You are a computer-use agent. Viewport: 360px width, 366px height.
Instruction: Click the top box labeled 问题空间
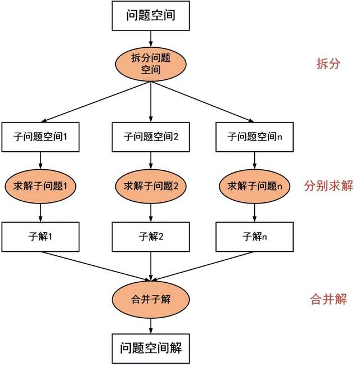(151, 16)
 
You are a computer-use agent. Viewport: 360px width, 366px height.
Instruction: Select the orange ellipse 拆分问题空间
(151, 64)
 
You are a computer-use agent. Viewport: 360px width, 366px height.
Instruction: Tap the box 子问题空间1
(40, 137)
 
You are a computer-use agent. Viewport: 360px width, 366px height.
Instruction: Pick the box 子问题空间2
(151, 137)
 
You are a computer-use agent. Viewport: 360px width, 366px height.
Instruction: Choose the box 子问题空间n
(254, 137)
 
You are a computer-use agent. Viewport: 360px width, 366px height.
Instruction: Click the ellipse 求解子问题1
(40, 186)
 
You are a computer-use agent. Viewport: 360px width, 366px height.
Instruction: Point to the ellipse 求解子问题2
(151, 186)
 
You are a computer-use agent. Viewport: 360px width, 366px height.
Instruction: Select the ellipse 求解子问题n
(254, 186)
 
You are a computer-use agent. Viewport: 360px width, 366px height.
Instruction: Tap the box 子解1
(40, 237)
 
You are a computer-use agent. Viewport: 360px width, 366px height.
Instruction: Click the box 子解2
(151, 237)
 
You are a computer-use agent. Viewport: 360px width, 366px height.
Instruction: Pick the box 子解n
(254, 237)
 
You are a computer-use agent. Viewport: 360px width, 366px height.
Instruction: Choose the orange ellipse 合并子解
(151, 300)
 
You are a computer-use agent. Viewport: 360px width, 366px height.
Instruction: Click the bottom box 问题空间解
(151, 348)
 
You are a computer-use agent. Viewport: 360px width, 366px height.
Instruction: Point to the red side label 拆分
(328, 64)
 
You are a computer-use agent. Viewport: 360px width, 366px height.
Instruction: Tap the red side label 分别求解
(328, 186)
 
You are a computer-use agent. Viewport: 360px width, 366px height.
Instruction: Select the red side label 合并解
(328, 299)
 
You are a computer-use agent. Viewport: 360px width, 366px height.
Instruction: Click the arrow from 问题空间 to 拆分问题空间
(151, 39)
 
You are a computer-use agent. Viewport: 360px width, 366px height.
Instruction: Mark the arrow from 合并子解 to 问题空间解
(151, 326)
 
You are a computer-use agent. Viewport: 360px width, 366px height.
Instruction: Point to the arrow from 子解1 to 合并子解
(95, 266)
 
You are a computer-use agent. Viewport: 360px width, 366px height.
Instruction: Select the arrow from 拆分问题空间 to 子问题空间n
(202, 102)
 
